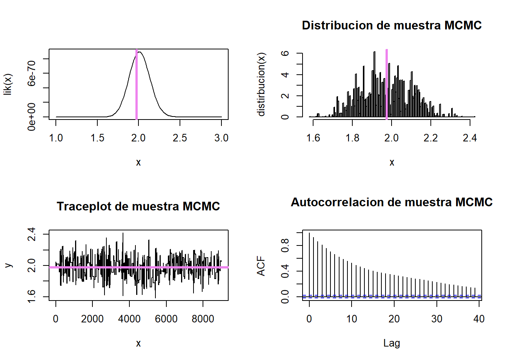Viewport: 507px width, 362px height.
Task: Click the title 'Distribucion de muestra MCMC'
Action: click(392, 25)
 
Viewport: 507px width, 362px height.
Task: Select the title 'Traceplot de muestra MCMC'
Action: click(138, 206)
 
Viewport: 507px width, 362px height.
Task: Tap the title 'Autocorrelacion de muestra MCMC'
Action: click(392, 202)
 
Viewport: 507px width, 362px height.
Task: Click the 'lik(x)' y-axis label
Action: click(8, 84)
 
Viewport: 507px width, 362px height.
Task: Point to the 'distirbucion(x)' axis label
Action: click(261, 84)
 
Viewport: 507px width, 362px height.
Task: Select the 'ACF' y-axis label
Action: click(261, 266)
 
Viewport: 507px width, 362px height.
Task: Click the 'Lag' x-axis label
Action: click(392, 343)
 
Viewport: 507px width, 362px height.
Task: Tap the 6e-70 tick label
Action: click(32, 73)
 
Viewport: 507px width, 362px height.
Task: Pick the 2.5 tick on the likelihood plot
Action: click(180, 138)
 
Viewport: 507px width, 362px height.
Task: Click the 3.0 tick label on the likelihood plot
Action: click(221, 138)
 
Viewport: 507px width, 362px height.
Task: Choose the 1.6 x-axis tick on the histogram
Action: click(313, 138)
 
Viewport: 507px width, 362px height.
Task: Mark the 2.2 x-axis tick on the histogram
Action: click(431, 138)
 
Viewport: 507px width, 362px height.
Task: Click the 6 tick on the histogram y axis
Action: click(285, 54)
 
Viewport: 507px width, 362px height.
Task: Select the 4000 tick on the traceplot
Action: click(129, 319)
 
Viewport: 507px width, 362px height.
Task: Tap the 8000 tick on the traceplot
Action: click(203, 319)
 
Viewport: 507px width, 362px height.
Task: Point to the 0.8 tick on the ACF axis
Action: click(285, 245)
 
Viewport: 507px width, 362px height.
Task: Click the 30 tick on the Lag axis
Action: click(437, 319)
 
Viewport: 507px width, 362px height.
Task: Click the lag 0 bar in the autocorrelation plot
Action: click(309, 264)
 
